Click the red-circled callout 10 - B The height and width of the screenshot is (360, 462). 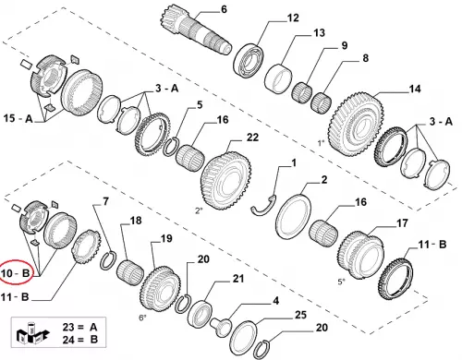(16, 273)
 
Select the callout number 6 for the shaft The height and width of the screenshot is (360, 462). (224, 9)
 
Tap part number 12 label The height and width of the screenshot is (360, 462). (293, 18)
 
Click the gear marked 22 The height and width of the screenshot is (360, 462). (225, 180)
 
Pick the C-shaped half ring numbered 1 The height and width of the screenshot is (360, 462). (263, 205)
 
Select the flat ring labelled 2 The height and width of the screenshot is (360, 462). (293, 215)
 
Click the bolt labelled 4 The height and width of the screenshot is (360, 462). (221, 328)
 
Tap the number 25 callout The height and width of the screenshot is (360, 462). (300, 315)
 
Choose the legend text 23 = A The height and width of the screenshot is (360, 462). (79, 327)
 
